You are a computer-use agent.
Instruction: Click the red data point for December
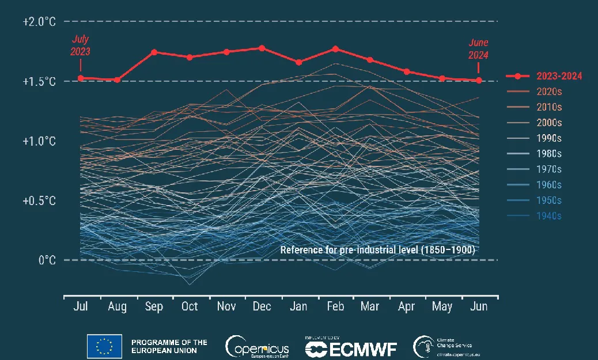coord(262,48)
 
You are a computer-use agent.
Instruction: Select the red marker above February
coord(335,49)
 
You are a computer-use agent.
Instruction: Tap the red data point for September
coord(154,52)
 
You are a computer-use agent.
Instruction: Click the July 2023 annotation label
coord(81,46)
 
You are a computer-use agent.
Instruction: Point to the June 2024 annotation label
coord(478,50)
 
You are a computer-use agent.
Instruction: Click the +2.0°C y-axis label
coord(40,22)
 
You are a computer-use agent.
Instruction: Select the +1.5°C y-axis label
coord(40,81)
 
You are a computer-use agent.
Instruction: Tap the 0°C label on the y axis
coord(47,260)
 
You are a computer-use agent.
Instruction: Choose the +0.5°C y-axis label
coord(40,200)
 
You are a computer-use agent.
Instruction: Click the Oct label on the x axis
coord(190,306)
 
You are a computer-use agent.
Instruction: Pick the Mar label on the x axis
coord(369,306)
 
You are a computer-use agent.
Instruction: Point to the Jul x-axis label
coord(81,306)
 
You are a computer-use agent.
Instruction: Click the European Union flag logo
coord(104,346)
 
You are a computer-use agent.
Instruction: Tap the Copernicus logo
coord(258,346)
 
